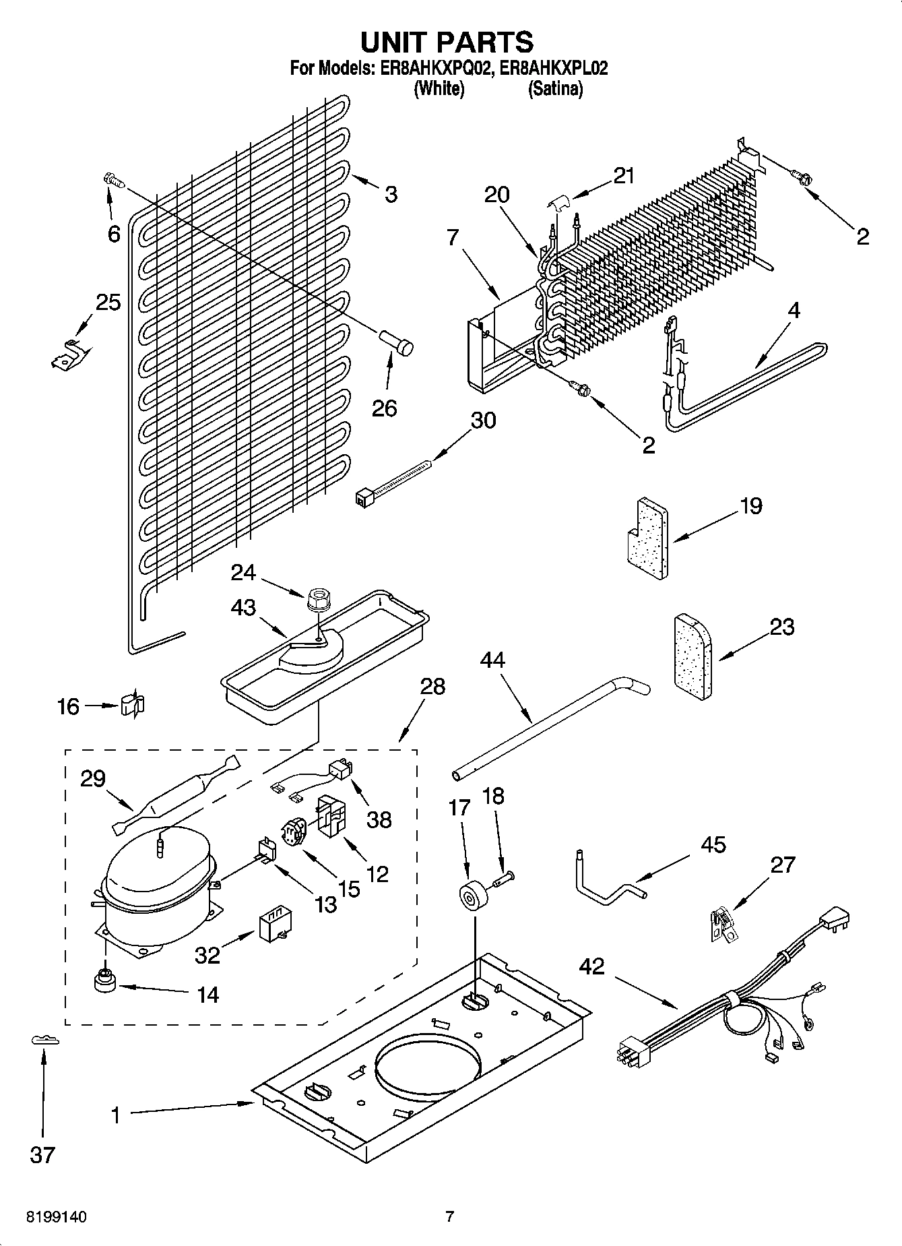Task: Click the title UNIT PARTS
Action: coord(447,42)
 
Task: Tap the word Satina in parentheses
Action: coord(555,89)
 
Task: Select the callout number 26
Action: coord(385,408)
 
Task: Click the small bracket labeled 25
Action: coord(67,354)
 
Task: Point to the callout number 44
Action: coord(492,659)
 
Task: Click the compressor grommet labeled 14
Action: coord(105,980)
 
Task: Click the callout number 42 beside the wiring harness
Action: coord(592,968)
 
